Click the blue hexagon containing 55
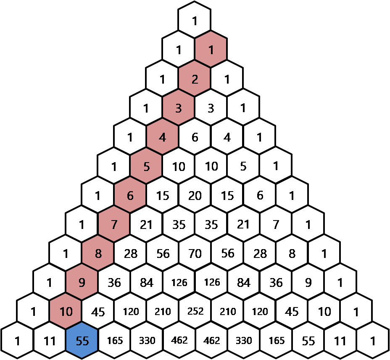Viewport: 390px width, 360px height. pyautogui.click(x=82, y=341)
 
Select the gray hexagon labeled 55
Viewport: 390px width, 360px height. pyautogui.click(x=308, y=341)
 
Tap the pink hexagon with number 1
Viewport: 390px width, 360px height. pyautogui.click(x=211, y=50)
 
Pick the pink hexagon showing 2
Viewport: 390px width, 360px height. pyautogui.click(x=195, y=79)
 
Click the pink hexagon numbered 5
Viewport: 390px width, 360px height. pyautogui.click(x=146, y=166)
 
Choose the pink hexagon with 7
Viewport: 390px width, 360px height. pyautogui.click(x=114, y=224)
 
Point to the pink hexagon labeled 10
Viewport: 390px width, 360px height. pyautogui.click(x=66, y=312)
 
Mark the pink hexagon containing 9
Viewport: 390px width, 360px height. pyautogui.click(x=82, y=283)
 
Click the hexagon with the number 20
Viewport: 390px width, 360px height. pyautogui.click(x=195, y=195)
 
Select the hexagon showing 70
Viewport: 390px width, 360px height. pyautogui.click(x=195, y=253)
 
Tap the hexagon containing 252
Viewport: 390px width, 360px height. pyautogui.click(x=195, y=312)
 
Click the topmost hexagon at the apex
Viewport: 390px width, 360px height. pyautogui.click(x=195, y=21)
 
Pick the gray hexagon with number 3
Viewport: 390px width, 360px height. pyautogui.click(x=211, y=108)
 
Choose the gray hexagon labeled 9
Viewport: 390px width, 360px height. pyautogui.click(x=308, y=283)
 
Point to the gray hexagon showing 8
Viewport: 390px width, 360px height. pyautogui.click(x=292, y=253)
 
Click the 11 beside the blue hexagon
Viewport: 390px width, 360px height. pyautogui.click(x=50, y=341)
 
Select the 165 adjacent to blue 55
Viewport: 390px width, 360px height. pyautogui.click(x=115, y=341)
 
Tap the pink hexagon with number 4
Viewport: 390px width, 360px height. pyautogui.click(x=162, y=137)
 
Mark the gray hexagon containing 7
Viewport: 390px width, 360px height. pyautogui.click(x=276, y=224)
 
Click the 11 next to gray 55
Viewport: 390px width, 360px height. pyautogui.click(x=340, y=341)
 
